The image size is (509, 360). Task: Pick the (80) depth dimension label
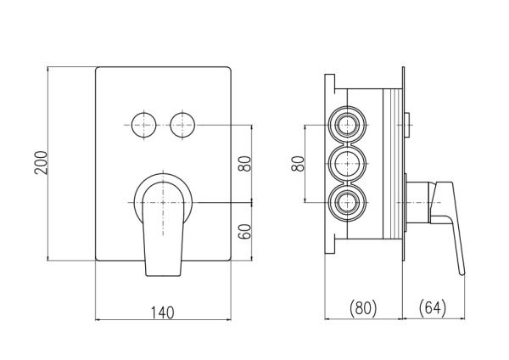pos(364,307)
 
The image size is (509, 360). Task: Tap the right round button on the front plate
pos(182,123)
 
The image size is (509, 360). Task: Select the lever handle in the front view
pos(164,229)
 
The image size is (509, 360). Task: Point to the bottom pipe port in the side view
pos(347,202)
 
